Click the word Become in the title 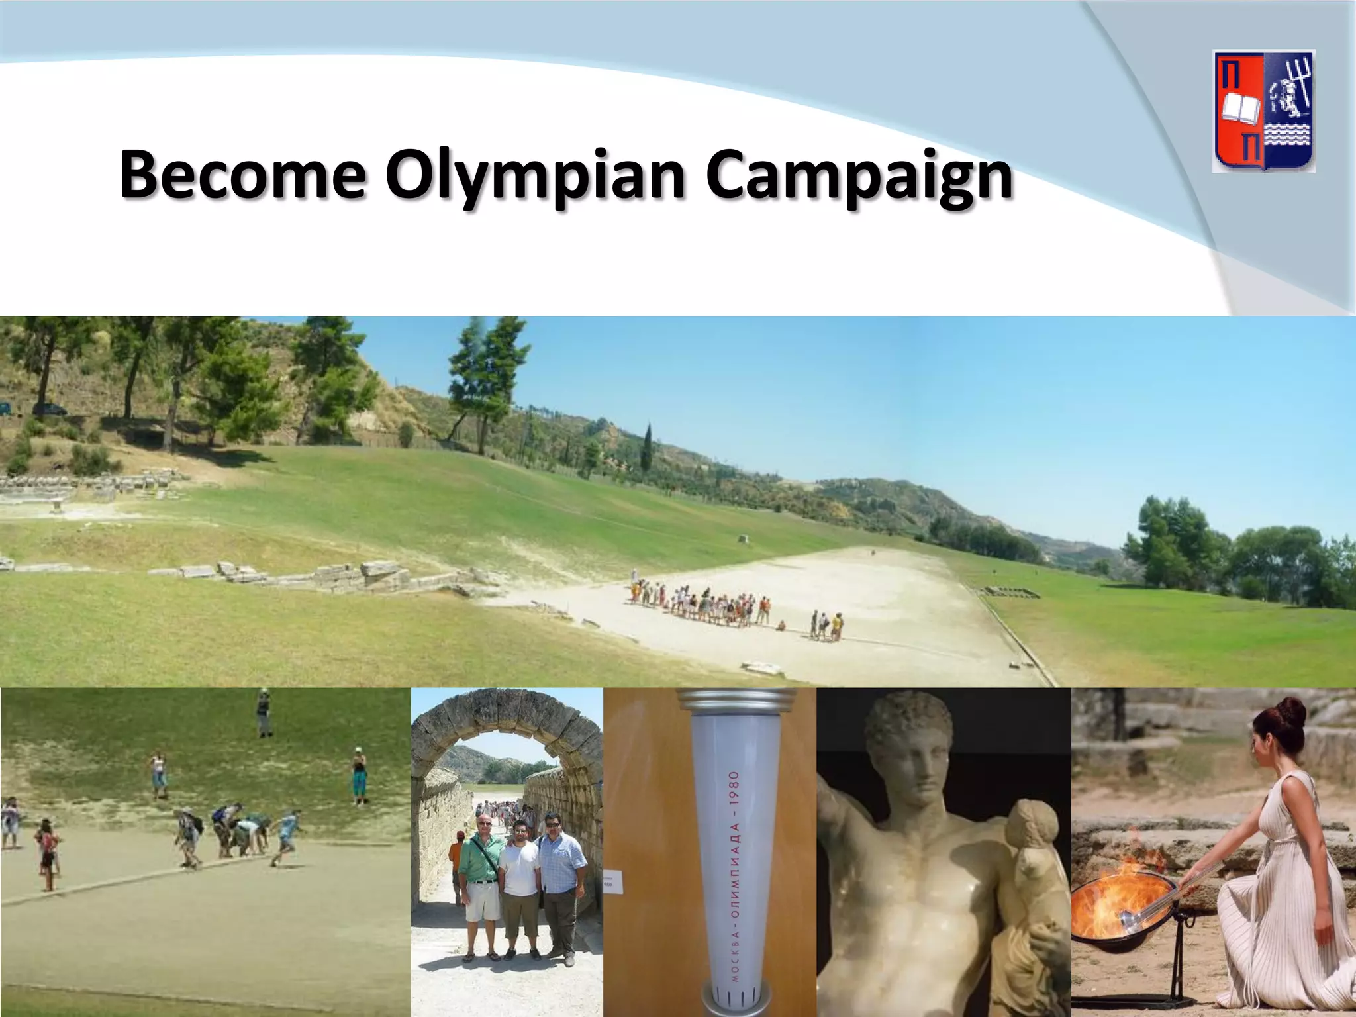(242, 175)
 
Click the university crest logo (1263, 111)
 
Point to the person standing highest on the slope (264, 712)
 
